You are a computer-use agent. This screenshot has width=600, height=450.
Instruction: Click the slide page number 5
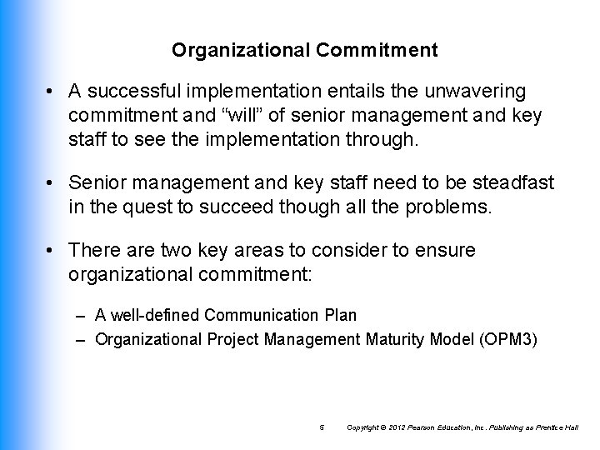[x=322, y=427]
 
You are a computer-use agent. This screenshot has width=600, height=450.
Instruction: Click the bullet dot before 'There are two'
[x=52, y=250]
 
